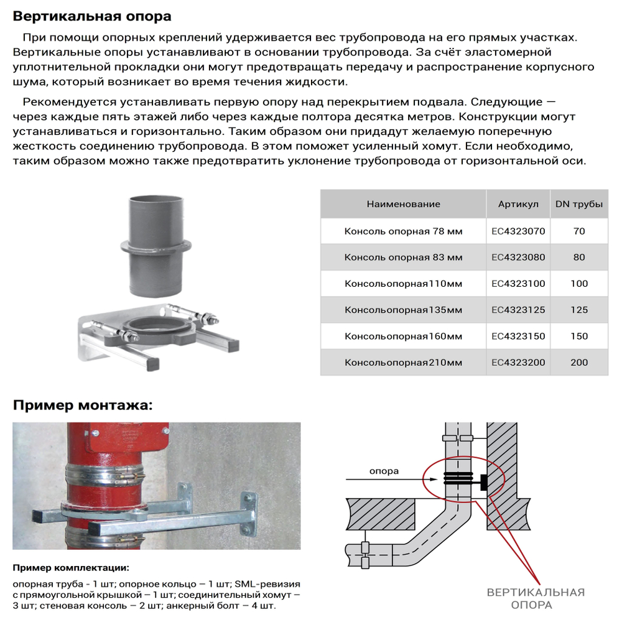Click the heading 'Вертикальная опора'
click(x=92, y=16)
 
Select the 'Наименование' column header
click(x=403, y=204)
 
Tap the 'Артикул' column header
click(x=518, y=204)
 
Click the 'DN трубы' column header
click(x=578, y=204)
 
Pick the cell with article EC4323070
click(x=518, y=231)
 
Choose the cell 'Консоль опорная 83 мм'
click(x=403, y=257)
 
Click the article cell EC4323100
click(x=518, y=284)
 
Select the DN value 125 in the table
click(x=578, y=310)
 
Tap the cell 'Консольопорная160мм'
click(x=403, y=337)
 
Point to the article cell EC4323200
click(x=518, y=363)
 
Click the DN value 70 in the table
click(x=578, y=231)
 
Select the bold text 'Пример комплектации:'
click(x=72, y=568)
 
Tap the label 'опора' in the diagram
click(x=384, y=471)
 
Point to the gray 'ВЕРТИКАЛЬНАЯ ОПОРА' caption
click(x=535, y=598)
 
